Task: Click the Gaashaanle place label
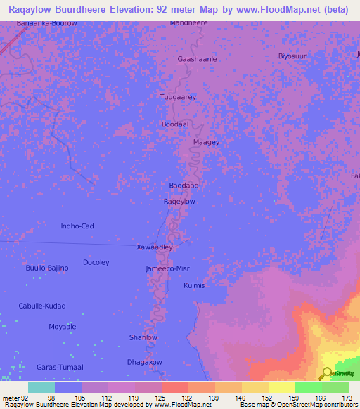[197, 59]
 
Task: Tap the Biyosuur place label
[292, 56]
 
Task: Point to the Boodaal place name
[175, 124]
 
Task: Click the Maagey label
[207, 142]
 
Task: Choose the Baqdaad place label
[184, 186]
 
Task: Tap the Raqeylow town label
[179, 202]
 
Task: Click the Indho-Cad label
[77, 226]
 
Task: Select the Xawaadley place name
[154, 247]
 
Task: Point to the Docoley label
[96, 262]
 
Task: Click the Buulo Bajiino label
[47, 268]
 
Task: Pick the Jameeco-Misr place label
[167, 269]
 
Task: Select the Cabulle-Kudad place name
[43, 306]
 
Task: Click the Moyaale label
[62, 327]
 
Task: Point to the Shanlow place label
[143, 337]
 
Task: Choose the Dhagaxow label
[144, 362]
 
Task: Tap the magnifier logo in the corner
[327, 372]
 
